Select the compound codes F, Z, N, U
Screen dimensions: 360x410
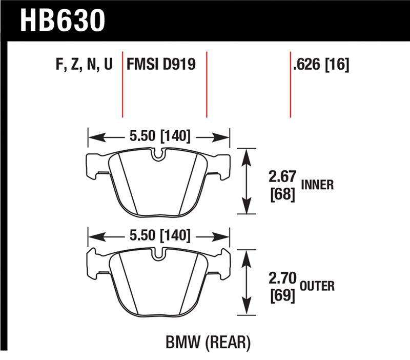pyautogui.click(x=83, y=65)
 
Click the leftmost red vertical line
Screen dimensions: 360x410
pyautogui.click(x=123, y=85)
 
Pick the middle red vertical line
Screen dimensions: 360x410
pyautogui.click(x=207, y=85)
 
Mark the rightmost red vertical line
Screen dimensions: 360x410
pyautogui.click(x=291, y=85)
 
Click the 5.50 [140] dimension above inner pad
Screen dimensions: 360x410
pyautogui.click(x=158, y=136)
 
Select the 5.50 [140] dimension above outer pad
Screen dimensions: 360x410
pyautogui.click(x=158, y=236)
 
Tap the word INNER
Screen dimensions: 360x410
pyautogui.click(x=318, y=185)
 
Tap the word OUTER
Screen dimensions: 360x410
pyautogui.click(x=318, y=286)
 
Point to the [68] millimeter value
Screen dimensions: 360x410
pyautogui.click(x=282, y=195)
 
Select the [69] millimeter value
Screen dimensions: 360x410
pyautogui.click(x=282, y=296)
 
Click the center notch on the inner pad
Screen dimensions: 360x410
pyautogui.click(x=158, y=154)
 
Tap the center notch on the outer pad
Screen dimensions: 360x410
pyautogui.click(x=158, y=253)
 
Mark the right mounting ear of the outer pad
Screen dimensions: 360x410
pyautogui.click(x=221, y=264)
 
